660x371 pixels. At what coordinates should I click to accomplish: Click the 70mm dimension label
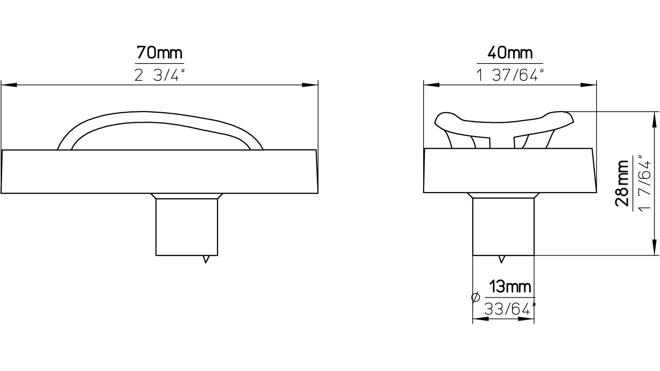click(159, 53)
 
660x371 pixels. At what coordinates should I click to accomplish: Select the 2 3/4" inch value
click(159, 75)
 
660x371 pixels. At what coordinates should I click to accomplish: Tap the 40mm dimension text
click(510, 53)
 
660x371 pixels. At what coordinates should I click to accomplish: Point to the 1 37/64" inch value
click(510, 75)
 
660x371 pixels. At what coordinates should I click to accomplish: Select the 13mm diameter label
click(510, 286)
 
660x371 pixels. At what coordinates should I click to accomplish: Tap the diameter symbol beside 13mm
click(475, 297)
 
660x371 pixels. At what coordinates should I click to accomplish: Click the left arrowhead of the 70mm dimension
click(9, 85)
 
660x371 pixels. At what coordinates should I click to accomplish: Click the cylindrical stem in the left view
click(186, 227)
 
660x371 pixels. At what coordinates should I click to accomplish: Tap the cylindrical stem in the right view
click(503, 227)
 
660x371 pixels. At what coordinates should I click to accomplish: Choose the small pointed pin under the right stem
click(502, 259)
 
